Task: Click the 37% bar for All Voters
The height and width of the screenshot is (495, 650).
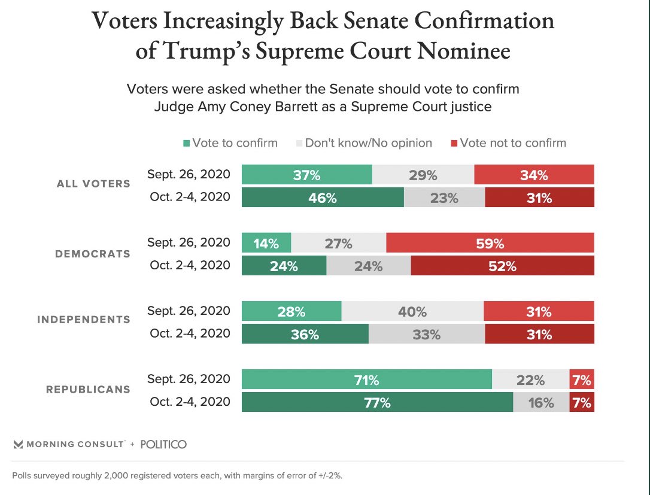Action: [306, 175]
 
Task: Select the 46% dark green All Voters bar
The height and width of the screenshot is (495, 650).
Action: [323, 198]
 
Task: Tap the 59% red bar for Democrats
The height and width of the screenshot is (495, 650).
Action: [490, 243]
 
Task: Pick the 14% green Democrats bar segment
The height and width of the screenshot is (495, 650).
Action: [266, 243]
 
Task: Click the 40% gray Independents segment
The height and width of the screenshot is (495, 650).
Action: [412, 311]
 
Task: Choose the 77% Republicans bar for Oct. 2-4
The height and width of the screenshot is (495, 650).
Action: [377, 402]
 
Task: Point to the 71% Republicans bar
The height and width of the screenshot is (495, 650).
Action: [366, 379]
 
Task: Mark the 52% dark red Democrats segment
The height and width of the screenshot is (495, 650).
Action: [503, 266]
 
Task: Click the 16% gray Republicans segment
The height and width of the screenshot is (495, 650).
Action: [541, 402]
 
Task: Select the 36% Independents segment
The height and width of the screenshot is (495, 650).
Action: [305, 334]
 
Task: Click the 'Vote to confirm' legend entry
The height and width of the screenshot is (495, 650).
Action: [230, 143]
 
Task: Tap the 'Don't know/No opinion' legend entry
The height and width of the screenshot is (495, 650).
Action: [364, 143]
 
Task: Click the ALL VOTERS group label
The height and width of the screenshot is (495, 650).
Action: [93, 184]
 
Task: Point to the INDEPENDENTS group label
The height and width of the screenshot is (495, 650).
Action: [83, 320]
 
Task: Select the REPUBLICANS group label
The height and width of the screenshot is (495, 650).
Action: [88, 389]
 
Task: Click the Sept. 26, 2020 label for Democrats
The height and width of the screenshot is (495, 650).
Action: [189, 242]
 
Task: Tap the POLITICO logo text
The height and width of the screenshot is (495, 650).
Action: [163, 444]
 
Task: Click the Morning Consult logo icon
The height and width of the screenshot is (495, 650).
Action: [18, 444]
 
